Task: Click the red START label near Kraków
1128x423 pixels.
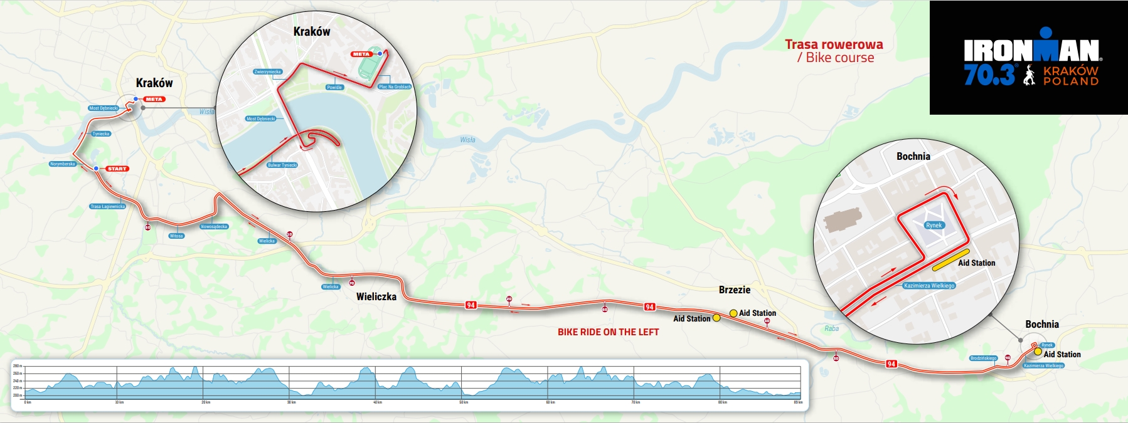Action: click(x=117, y=169)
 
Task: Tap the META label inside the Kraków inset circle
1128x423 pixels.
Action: click(x=361, y=55)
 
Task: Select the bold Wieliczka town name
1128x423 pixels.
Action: click(x=376, y=297)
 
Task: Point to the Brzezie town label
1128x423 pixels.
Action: click(x=734, y=290)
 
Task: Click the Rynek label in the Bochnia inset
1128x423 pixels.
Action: click(x=934, y=226)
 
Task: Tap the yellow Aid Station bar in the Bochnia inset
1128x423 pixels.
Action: click(x=950, y=260)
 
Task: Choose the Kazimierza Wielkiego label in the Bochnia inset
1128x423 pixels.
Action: click(x=929, y=286)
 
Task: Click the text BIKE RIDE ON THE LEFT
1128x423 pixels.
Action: click(x=608, y=332)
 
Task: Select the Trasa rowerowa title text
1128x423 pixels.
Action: click(x=834, y=44)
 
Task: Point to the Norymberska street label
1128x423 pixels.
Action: click(x=62, y=164)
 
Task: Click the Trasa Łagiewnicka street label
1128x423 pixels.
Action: click(x=108, y=206)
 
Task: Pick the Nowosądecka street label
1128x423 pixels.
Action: click(x=214, y=227)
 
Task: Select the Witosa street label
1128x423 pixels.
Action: click(x=176, y=236)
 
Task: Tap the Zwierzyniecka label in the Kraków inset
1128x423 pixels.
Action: click(x=268, y=72)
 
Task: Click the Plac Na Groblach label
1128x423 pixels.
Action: click(x=395, y=87)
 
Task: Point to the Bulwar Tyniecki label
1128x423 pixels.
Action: click(x=282, y=165)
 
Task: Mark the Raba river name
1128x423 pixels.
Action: click(x=831, y=328)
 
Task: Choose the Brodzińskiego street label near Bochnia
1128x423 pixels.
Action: click(x=983, y=358)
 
